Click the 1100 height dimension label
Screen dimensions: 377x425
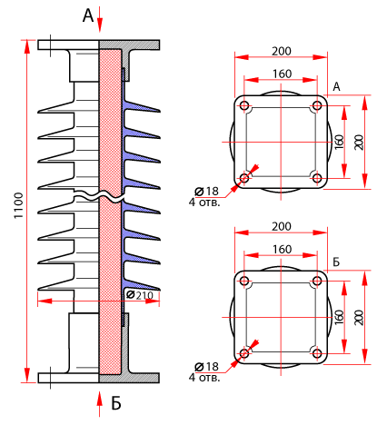[19, 205]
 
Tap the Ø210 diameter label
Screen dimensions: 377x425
[140, 295]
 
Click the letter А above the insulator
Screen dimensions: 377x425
[88, 15]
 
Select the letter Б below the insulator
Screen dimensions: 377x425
[116, 403]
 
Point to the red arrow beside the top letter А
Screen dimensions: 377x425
[100, 21]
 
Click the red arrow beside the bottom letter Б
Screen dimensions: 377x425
[100, 404]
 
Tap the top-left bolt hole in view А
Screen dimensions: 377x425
[244, 105]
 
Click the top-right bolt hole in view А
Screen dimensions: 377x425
[317, 105]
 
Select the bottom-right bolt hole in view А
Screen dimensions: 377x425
[317, 178]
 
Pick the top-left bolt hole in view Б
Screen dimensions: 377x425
[244, 281]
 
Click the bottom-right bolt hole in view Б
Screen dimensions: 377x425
[317, 353]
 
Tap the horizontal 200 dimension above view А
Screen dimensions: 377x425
[282, 51]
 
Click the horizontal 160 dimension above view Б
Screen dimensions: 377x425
[282, 250]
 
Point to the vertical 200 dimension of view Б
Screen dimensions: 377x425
[359, 317]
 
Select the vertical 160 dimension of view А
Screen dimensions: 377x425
[340, 142]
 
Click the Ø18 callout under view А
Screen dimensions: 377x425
[206, 192]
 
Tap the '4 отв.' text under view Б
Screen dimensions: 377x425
[204, 378]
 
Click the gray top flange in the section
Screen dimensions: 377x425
[130, 44]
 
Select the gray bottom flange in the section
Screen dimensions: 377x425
[130, 378]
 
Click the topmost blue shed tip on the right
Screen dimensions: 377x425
[159, 111]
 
